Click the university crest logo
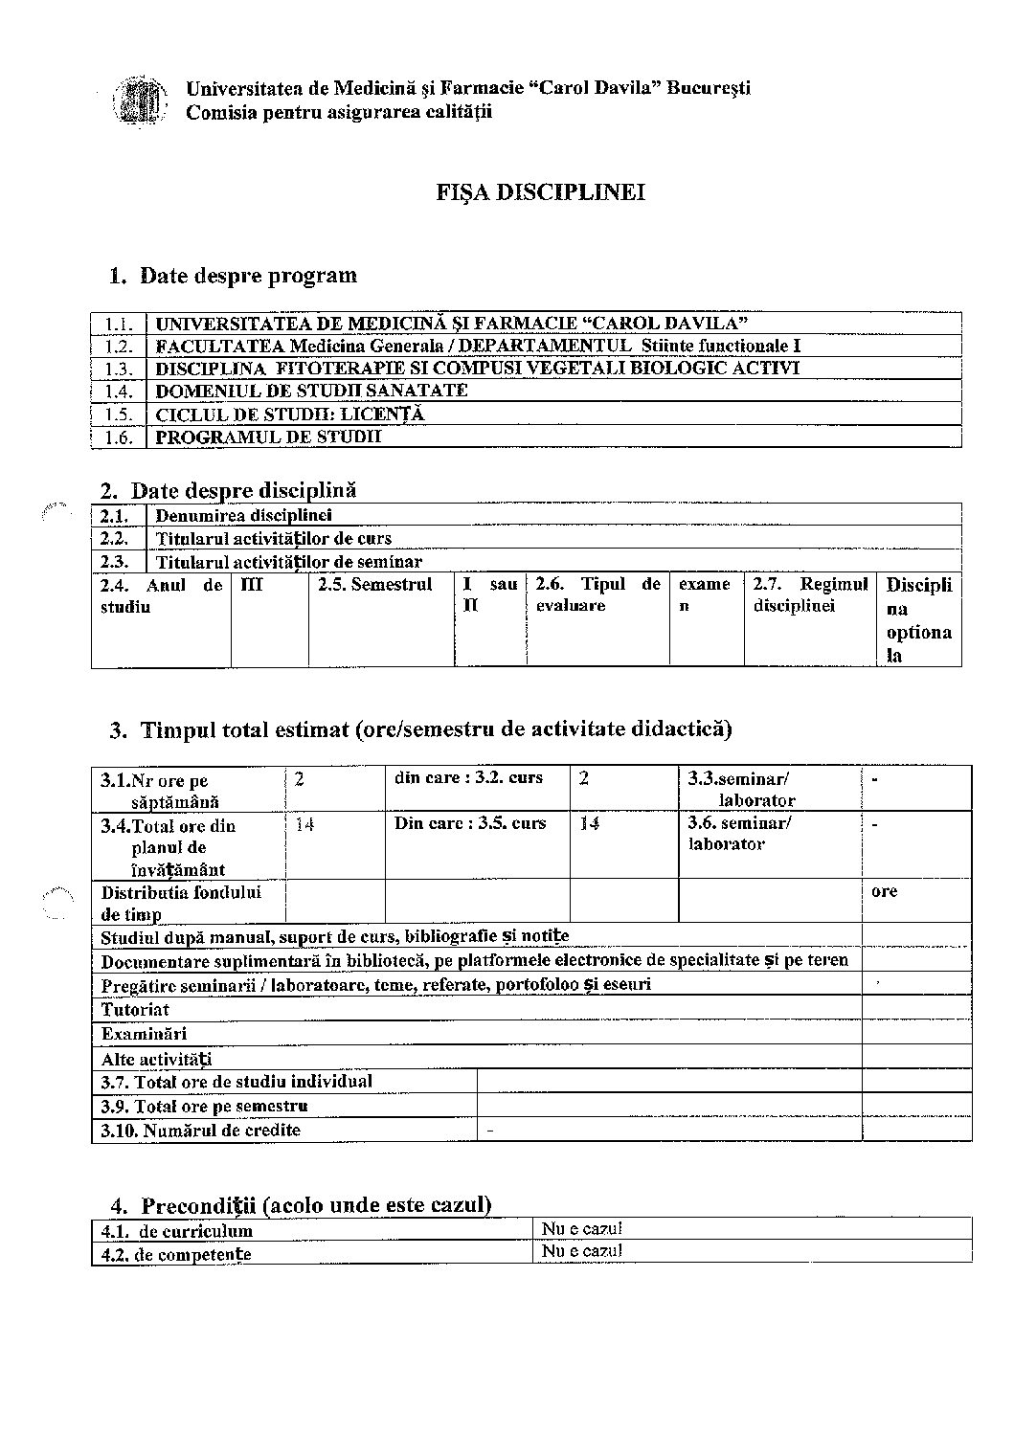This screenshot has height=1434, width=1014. click(x=137, y=100)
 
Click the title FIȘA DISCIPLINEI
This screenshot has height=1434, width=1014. click(x=541, y=192)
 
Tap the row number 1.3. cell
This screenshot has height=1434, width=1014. click(x=119, y=369)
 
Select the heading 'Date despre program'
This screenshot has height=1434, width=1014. click(x=248, y=276)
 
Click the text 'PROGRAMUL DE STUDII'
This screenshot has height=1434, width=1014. click(x=268, y=437)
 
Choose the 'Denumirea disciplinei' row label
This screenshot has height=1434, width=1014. click(x=243, y=516)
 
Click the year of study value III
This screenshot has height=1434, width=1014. click(x=250, y=585)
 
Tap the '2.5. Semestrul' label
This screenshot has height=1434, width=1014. click(x=375, y=585)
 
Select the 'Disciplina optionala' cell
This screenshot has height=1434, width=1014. click(x=919, y=619)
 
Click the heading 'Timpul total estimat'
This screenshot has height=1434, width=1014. click(x=436, y=730)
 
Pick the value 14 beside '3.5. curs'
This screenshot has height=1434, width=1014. click(x=590, y=823)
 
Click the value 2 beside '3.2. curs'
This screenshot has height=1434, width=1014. click(x=583, y=778)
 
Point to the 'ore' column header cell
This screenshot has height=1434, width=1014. click(x=885, y=891)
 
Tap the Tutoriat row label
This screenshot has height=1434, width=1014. click(x=135, y=1009)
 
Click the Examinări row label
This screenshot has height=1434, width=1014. click(x=144, y=1034)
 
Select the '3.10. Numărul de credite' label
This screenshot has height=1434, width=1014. click(x=201, y=1131)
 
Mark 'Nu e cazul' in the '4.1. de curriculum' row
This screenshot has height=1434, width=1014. click(x=582, y=1229)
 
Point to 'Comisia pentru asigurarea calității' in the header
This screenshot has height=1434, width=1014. click(x=338, y=112)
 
